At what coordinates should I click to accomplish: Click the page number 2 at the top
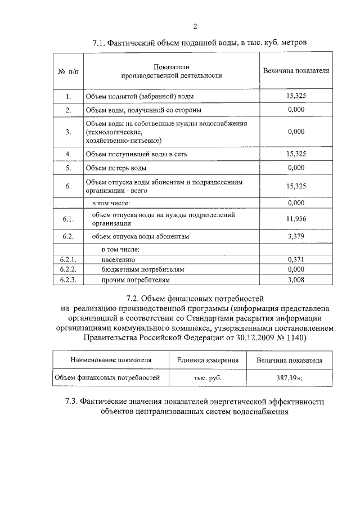coord(195,26)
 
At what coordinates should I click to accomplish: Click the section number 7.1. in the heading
coord(99,43)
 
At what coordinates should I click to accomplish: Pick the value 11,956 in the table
coord(296,219)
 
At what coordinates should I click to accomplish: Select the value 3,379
coord(296,237)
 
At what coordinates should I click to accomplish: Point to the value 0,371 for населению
coord(296,260)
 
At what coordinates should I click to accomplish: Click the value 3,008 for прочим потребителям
coord(296,279)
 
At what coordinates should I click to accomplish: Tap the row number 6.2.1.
coord(67,260)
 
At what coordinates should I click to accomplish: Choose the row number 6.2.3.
coord(67,279)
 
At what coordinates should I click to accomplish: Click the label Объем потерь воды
coord(116,168)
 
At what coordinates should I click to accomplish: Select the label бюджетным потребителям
coord(143,269)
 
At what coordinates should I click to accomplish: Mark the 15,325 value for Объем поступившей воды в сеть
coord(296,154)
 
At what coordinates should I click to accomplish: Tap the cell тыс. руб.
coord(208,378)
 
